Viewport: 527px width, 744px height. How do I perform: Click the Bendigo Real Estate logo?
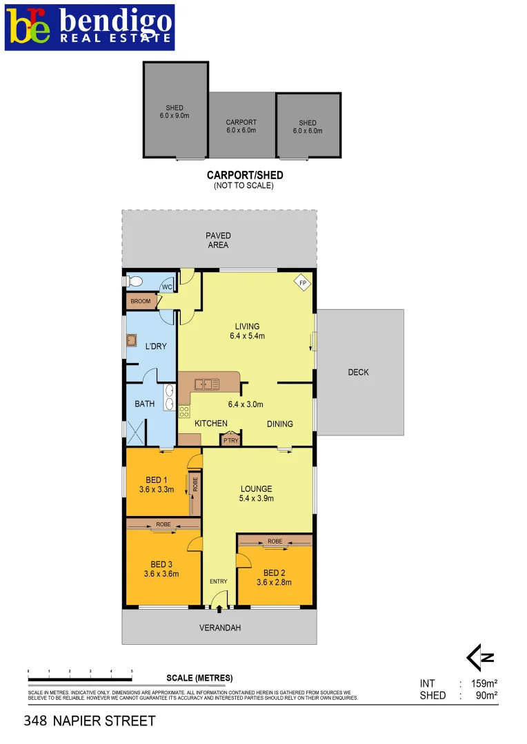(x=90, y=27)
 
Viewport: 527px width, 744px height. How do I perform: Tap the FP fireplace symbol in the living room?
(x=302, y=282)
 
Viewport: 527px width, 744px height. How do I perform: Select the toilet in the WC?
(x=134, y=281)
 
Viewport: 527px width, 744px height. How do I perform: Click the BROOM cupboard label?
(x=140, y=301)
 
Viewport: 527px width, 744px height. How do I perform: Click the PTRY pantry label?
(x=230, y=441)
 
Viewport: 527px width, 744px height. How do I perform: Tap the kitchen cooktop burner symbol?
(x=184, y=411)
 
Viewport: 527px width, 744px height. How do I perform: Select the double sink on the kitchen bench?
(x=206, y=384)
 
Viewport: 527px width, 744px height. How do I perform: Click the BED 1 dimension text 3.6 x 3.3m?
(x=155, y=490)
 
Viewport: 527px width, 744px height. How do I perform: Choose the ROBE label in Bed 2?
(x=275, y=541)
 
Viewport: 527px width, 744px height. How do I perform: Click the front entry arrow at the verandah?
(x=219, y=608)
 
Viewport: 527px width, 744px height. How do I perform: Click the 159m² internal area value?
(x=483, y=684)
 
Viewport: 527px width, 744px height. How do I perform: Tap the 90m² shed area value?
(x=486, y=696)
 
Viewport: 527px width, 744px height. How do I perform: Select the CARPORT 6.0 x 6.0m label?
(x=241, y=126)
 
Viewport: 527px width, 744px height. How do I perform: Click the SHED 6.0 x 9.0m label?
(x=175, y=112)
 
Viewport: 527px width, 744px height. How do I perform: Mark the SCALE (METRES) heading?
(x=199, y=678)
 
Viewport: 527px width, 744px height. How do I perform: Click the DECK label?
(x=358, y=372)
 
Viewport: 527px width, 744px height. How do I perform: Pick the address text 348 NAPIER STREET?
(x=90, y=721)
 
